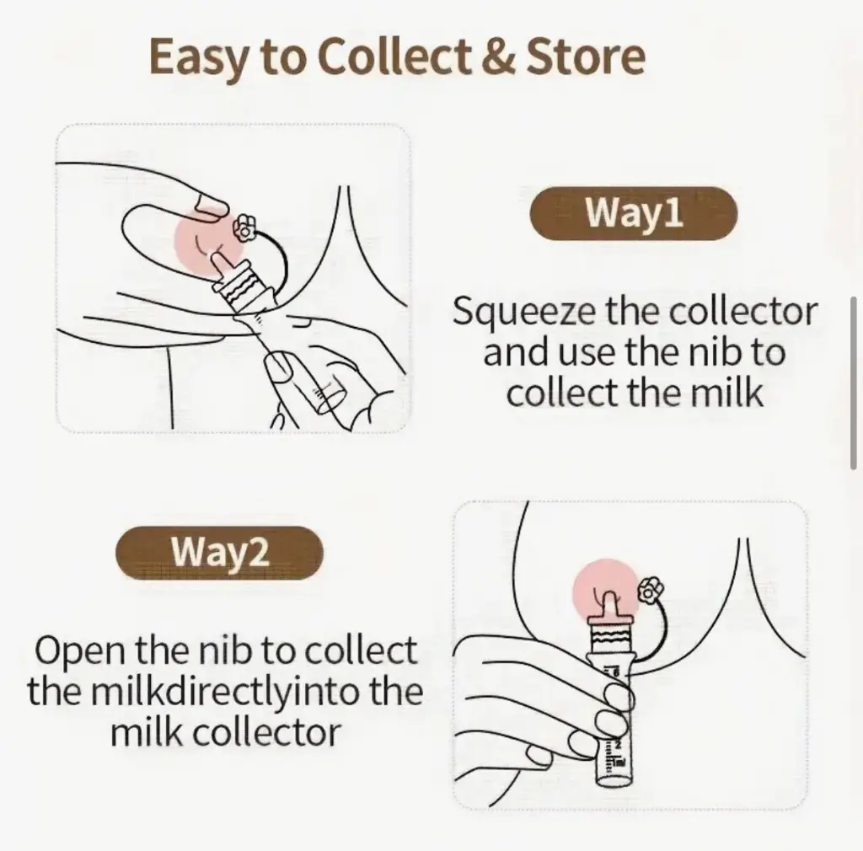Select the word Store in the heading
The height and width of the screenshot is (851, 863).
[586, 56]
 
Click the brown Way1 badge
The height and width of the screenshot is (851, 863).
[634, 213]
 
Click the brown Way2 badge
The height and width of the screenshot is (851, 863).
[220, 552]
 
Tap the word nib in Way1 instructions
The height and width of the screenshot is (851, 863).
[707, 352]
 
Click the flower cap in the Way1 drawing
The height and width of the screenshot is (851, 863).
[244, 227]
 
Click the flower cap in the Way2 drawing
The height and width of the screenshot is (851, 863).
[650, 590]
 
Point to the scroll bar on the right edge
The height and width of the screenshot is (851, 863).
[854, 383]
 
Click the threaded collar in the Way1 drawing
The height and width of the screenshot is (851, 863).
[241, 291]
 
